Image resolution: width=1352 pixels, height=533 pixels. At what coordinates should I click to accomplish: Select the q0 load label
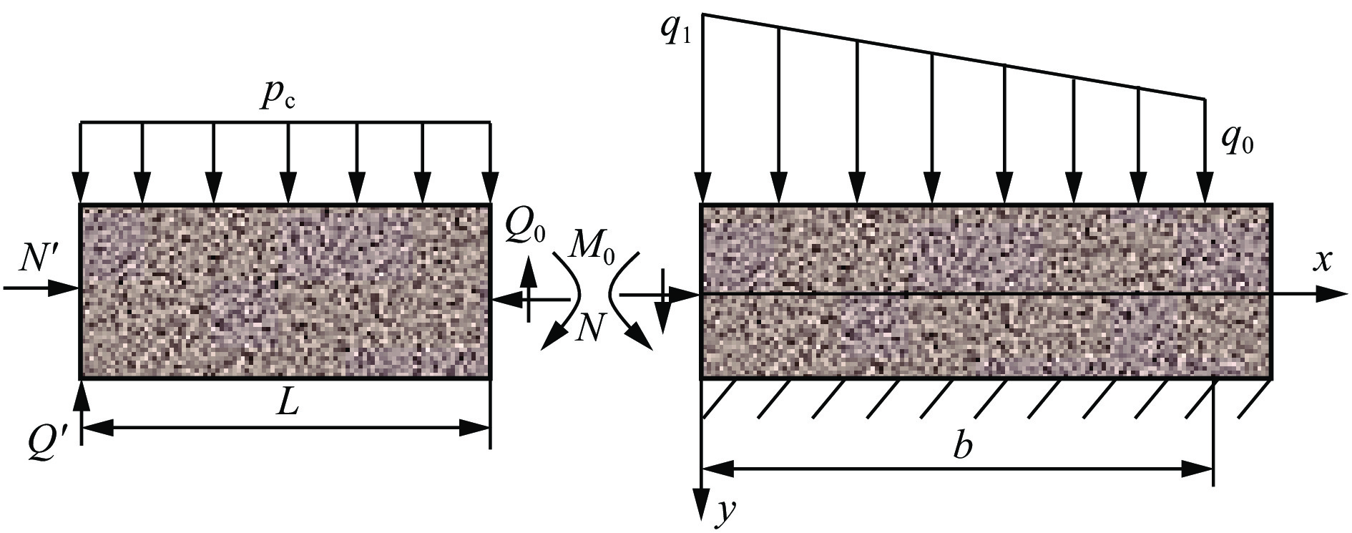[x=1238, y=144]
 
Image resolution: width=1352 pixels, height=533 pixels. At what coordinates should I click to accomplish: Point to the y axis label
[x=726, y=510]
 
